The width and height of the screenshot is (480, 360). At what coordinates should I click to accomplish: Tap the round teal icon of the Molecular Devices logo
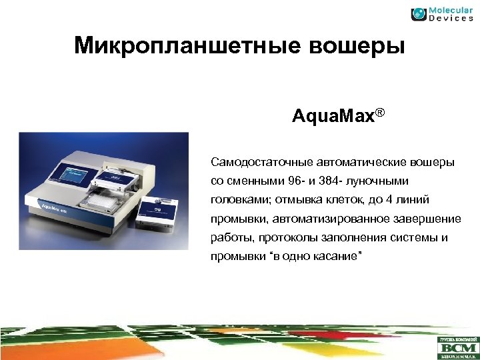click(x=419, y=14)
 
